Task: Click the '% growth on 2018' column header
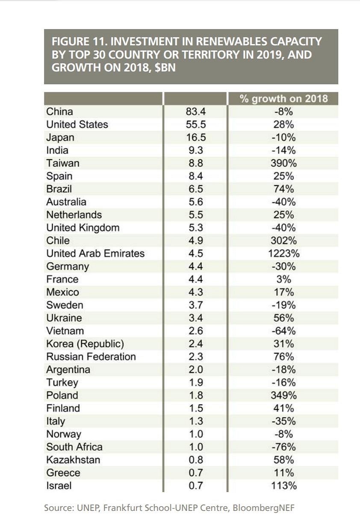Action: tap(283, 98)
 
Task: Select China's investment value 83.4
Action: tap(196, 111)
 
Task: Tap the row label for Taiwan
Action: tap(63, 163)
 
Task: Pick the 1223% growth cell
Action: tap(284, 253)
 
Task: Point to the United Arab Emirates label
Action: tap(95, 253)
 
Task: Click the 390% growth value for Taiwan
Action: tap(284, 163)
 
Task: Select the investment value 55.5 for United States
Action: tap(196, 125)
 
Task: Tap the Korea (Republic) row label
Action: tap(85, 344)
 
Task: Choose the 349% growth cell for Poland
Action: tap(284, 395)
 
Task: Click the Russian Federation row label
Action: tap(91, 356)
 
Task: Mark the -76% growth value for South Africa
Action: tap(284, 447)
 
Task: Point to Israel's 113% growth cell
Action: tap(284, 486)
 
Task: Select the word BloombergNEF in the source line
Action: tap(264, 508)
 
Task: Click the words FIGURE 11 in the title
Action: tap(78, 42)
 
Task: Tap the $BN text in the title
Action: tap(165, 68)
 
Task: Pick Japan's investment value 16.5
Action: tap(196, 137)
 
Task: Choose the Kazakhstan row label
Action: tap(73, 460)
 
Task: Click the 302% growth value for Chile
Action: tap(284, 240)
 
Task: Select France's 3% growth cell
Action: tap(284, 279)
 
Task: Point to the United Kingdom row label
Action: tap(83, 228)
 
